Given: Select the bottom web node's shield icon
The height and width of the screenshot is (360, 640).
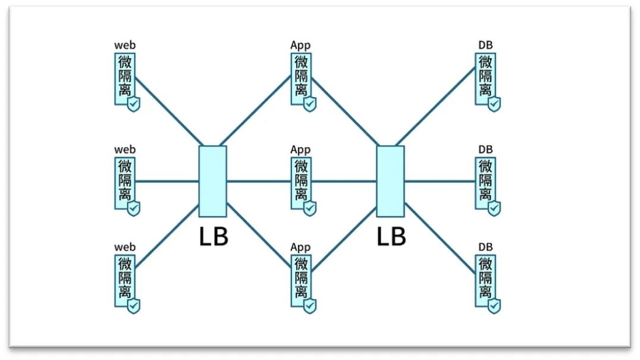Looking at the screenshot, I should pos(134,306).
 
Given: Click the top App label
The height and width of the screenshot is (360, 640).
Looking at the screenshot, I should pos(300,46).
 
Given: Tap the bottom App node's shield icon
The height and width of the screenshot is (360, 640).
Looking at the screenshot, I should pos(309,306).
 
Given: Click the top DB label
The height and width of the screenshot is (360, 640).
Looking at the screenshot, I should pos(485,46).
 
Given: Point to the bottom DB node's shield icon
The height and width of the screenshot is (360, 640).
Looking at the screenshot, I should pos(494,306).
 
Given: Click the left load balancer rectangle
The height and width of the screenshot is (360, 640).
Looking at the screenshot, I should pos(212,181).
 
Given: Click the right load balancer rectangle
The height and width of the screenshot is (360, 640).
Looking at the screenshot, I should pos(391,181).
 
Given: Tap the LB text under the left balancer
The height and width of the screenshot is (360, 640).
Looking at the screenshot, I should pos(213,236).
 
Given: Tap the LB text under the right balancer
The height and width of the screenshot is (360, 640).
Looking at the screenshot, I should pos(391,236).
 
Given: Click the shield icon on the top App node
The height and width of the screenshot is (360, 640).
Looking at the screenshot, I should pos(309,104).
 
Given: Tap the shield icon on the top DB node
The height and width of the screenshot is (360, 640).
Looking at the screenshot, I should pos(494,104).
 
